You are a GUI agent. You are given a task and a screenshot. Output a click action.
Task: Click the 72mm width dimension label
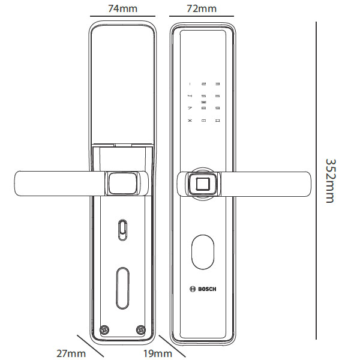point(201,8)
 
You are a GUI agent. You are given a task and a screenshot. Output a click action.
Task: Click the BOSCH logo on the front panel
point(203,288)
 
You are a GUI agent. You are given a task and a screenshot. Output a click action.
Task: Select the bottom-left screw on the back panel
point(106,329)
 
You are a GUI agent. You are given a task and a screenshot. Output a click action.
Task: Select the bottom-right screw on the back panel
point(141,329)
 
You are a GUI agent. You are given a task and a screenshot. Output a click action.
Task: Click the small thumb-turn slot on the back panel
point(123,229)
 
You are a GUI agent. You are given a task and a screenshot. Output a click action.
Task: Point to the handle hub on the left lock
point(124,183)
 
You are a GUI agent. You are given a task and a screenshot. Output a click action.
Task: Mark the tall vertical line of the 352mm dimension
point(316,180)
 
